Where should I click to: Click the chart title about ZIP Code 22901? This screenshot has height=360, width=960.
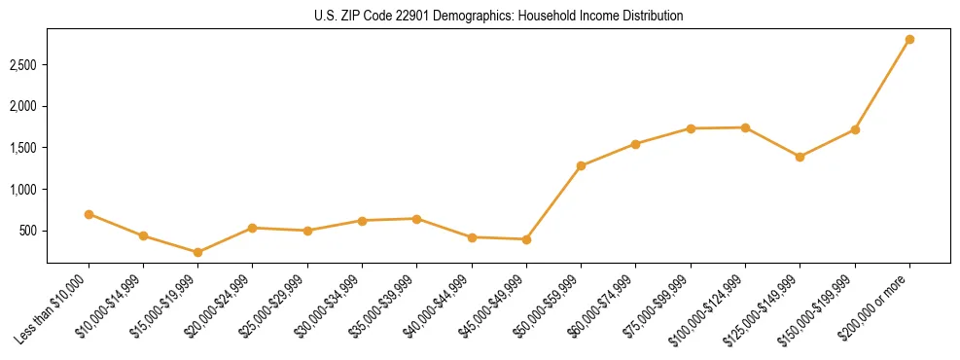click(x=498, y=16)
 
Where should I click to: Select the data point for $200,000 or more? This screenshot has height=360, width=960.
click(x=909, y=39)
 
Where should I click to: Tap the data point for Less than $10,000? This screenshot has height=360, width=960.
click(x=89, y=214)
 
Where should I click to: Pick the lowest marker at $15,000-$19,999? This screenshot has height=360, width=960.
click(x=197, y=252)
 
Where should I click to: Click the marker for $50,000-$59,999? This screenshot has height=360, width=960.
click(x=581, y=165)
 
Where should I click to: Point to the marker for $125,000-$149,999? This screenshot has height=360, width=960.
click(x=800, y=157)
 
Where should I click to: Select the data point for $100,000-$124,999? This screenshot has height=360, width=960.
click(x=745, y=127)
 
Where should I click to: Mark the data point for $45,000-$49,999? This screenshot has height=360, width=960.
click(x=526, y=239)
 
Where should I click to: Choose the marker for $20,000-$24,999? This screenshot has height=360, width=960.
click(x=252, y=228)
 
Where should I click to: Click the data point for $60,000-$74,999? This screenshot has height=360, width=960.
click(x=635, y=144)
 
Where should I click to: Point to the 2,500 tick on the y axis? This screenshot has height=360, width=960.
click(x=24, y=64)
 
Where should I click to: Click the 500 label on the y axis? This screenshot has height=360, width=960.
click(x=29, y=231)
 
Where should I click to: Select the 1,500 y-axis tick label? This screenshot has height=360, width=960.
click(x=24, y=148)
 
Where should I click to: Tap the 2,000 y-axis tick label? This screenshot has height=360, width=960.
click(x=24, y=106)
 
